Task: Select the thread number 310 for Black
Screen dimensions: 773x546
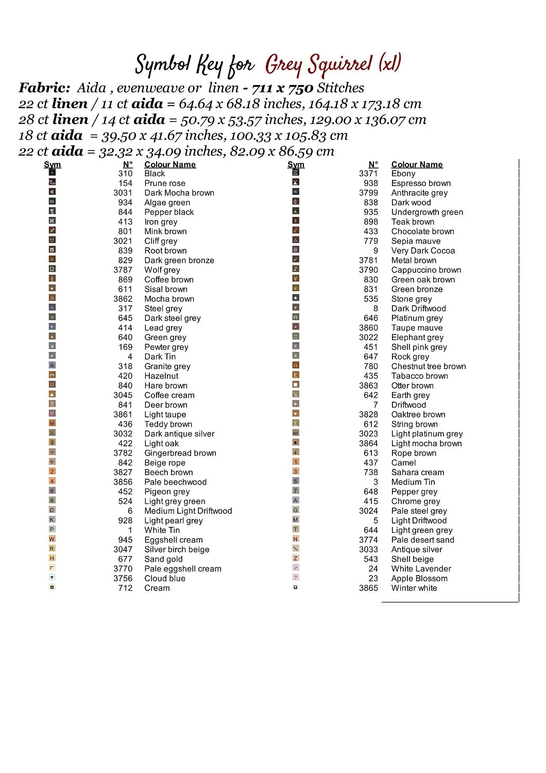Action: pyautogui.click(x=125, y=174)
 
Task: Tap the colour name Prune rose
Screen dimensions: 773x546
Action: pyautogui.click(x=165, y=183)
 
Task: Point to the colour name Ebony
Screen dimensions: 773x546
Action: pyautogui.click(x=403, y=174)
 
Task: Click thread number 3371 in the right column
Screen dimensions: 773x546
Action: pyautogui.click(x=368, y=174)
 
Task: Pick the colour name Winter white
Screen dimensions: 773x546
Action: pyautogui.click(x=414, y=588)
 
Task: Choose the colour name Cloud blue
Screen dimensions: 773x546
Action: pyautogui.click(x=165, y=579)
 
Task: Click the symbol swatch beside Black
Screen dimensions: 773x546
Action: pyautogui.click(x=52, y=173)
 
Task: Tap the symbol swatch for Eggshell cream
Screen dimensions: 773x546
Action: pyautogui.click(x=52, y=539)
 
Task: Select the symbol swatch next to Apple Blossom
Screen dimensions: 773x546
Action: pyautogui.click(x=296, y=577)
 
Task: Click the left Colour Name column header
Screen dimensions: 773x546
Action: pyautogui.click(x=170, y=165)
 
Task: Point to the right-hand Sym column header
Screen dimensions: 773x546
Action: pyautogui.click(x=296, y=165)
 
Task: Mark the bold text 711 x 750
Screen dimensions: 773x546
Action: pyautogui.click(x=282, y=88)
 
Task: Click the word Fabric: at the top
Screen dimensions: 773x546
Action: pyautogui.click(x=44, y=88)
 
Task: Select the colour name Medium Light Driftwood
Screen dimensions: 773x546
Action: pyautogui.click(x=188, y=511)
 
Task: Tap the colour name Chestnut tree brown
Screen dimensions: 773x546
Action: pyautogui.click(x=429, y=366)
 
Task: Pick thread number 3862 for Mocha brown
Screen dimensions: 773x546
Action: pyautogui.click(x=123, y=299)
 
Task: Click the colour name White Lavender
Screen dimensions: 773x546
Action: pyautogui.click(x=421, y=569)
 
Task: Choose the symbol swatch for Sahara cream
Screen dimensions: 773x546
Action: pyautogui.click(x=296, y=472)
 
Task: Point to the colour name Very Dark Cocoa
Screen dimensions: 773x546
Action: pyautogui.click(x=423, y=251)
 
